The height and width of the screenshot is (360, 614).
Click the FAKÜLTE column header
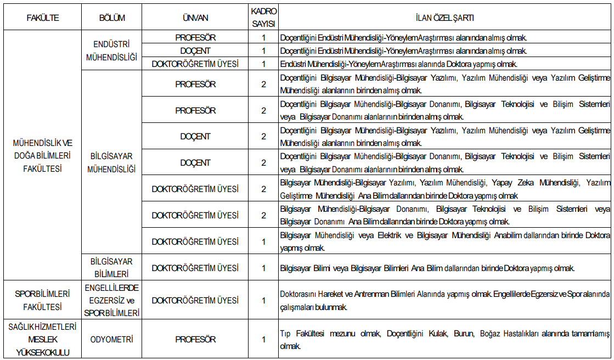click(x=42, y=18)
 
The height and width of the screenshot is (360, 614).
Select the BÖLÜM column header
click(x=111, y=18)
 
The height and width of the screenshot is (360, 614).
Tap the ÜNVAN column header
click(x=195, y=18)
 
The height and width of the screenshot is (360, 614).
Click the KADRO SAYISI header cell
click(x=263, y=18)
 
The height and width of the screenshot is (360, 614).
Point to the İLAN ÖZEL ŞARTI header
click(x=444, y=18)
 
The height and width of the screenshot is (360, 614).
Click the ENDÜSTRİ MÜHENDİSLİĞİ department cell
click(x=111, y=51)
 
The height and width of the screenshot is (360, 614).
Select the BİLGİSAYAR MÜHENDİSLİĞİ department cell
click(x=111, y=162)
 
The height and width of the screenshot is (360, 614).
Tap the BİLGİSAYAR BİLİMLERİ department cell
click(x=111, y=268)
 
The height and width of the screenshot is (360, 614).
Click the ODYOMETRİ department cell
click(x=111, y=340)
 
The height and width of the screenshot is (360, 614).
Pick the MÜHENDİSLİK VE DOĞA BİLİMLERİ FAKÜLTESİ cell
click(x=42, y=155)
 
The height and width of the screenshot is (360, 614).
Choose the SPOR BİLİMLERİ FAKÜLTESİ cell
click(x=42, y=301)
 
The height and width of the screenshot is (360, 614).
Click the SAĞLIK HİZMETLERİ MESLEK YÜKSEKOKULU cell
click(x=42, y=340)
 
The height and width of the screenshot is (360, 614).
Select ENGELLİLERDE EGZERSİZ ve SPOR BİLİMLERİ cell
click(x=111, y=301)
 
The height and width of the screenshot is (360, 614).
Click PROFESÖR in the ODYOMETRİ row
click(x=195, y=340)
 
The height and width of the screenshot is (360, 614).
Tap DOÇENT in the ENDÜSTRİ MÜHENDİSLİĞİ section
click(x=195, y=51)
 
